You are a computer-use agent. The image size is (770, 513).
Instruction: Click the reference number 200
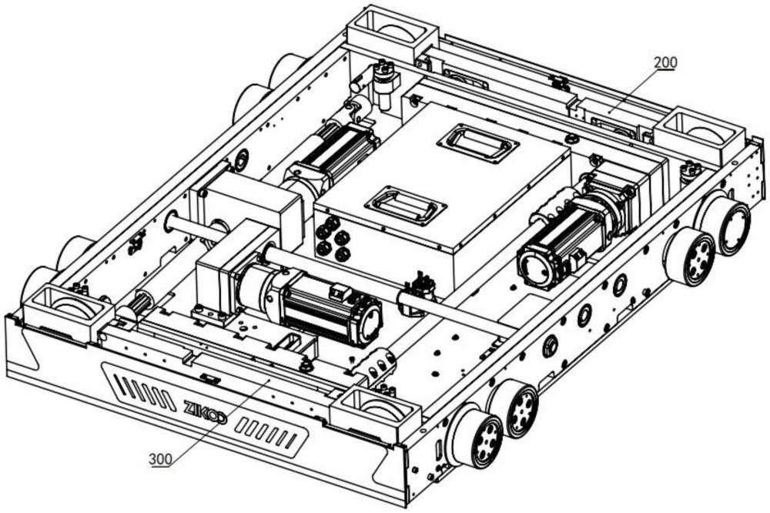tap(665, 62)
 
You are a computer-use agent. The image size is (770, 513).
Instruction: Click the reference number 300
tap(161, 459)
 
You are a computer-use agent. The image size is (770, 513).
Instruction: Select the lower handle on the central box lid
tap(406, 205)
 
